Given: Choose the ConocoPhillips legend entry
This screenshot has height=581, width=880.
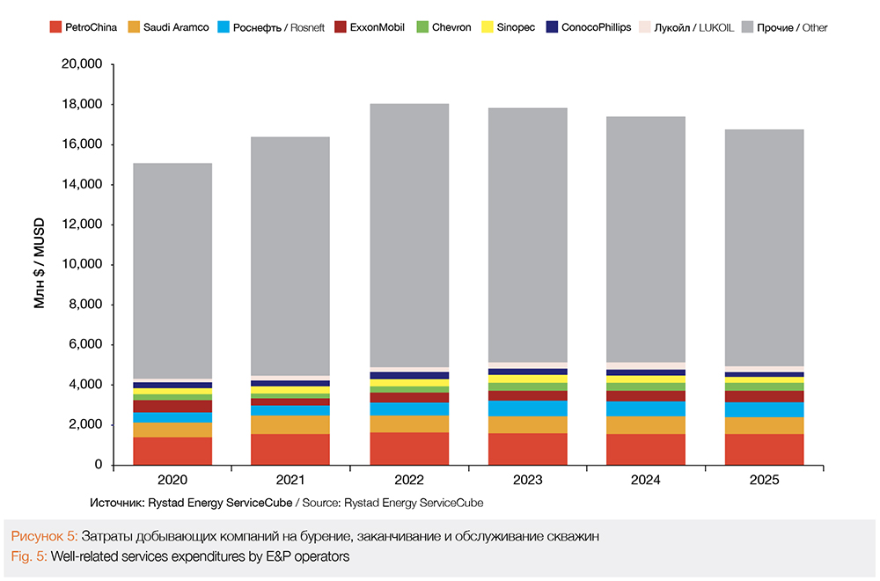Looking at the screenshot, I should pyautogui.click(x=587, y=27).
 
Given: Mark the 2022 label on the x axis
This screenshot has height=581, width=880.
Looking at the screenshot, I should pyautogui.click(x=410, y=481).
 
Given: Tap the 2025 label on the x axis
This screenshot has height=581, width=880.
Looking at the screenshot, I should pyautogui.click(x=765, y=481).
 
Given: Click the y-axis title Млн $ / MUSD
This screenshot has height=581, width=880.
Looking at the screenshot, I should pyautogui.click(x=40, y=265).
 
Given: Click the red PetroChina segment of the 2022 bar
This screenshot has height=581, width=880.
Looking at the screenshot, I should pyautogui.click(x=410, y=448).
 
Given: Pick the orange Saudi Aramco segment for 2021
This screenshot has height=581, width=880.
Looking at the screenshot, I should pyautogui.click(x=290, y=424).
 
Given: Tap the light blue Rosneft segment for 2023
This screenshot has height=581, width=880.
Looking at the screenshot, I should pyautogui.click(x=529, y=408).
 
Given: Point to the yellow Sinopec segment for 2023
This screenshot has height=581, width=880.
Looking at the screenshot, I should pyautogui.click(x=529, y=379).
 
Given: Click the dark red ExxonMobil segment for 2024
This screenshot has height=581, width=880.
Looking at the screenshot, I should pyautogui.click(x=647, y=396).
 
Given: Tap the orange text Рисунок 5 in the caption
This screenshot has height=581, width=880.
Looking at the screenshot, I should pyautogui.click(x=44, y=536).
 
